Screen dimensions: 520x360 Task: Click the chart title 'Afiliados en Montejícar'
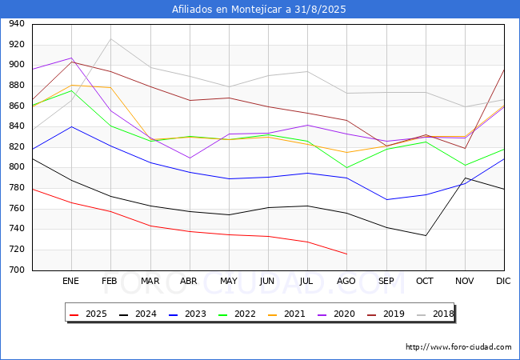228,10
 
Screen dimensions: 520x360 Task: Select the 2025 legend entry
88,314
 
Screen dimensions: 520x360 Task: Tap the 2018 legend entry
435,314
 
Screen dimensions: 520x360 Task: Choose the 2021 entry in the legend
286,314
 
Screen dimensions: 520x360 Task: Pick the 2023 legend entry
187,314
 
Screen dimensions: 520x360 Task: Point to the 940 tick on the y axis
17,23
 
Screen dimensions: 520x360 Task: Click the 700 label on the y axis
17,270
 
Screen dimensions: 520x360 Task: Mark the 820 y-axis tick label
17,147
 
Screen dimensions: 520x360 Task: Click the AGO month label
346,281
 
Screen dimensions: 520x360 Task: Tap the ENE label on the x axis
70,281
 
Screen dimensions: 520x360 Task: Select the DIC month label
503,281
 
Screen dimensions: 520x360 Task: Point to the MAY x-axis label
229,281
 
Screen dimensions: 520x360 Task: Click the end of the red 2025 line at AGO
347,254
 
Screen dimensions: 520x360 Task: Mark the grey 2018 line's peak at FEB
110,38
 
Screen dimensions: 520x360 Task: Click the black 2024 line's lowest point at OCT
426,236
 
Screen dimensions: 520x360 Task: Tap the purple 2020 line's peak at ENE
72,58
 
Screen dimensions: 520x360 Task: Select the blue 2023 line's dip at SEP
386,199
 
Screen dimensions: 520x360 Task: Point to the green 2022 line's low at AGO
347,168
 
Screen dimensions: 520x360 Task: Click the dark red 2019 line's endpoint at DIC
504,70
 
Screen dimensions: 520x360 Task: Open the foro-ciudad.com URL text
458,346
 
